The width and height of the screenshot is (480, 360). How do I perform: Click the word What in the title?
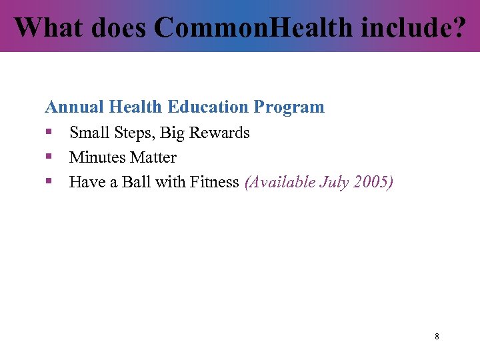[x=46, y=27]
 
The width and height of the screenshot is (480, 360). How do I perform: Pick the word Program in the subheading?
[x=291, y=107]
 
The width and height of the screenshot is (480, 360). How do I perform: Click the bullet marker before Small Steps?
[x=48, y=133]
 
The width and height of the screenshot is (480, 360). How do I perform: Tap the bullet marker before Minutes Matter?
[x=48, y=157]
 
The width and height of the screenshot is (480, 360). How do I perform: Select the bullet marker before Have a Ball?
[x=48, y=182]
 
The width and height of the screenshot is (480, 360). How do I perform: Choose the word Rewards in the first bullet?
[x=219, y=133]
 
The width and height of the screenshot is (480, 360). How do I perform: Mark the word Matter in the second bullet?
[x=154, y=158]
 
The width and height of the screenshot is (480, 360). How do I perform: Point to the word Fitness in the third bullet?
[x=215, y=183]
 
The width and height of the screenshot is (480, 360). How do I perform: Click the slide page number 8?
[x=437, y=337]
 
